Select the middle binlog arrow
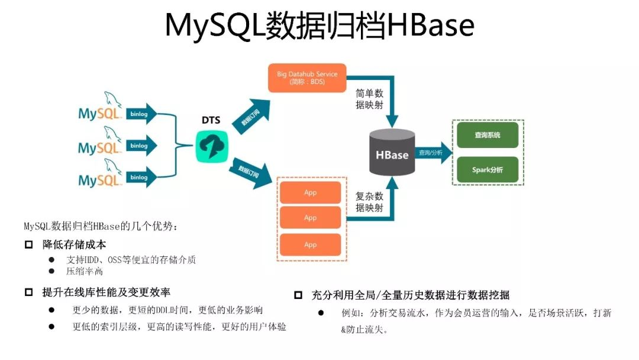141,145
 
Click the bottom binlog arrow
141,177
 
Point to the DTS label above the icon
211,120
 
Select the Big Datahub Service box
307,78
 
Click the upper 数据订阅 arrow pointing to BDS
249,115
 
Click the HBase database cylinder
392,153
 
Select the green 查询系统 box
487,135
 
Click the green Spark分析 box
487,169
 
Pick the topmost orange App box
310,193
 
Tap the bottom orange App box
310,245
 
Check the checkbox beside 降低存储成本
28,245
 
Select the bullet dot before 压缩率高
51,271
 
